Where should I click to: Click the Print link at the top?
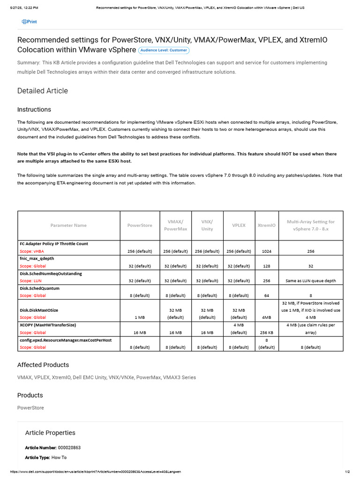pos(29,22)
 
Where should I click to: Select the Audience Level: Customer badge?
pos(164,50)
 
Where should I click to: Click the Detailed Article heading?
pos(43,91)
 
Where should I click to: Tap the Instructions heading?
pos(34,110)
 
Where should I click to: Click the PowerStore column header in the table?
pos(140,225)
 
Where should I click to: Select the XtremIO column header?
pos(266,225)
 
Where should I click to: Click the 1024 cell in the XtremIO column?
pos(266,251)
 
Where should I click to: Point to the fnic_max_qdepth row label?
pos(37,258)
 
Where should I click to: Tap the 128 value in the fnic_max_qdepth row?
pos(266,266)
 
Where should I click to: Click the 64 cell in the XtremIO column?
pos(266,296)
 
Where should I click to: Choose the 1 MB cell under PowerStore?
pos(140,317)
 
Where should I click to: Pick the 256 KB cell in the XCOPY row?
pos(266,332)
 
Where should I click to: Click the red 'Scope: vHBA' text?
pos(31,251)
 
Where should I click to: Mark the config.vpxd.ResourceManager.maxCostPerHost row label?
pos(66,339)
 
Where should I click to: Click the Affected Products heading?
pos(43,365)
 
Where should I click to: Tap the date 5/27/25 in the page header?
pos(14,8)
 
